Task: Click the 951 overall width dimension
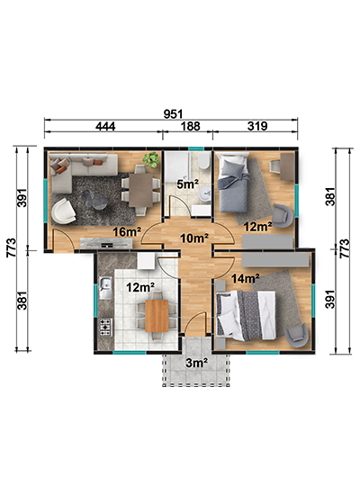[x=173, y=114]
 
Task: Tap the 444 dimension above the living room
[x=105, y=127]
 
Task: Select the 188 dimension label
[x=191, y=126]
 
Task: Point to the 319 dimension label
[x=257, y=126]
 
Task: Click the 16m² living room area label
[x=127, y=232]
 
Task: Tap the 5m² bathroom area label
[x=187, y=184]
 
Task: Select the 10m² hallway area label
[x=194, y=238]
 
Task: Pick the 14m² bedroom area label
[x=246, y=278]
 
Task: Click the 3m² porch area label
[x=196, y=363]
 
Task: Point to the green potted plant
[x=151, y=159]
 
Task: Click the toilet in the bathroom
[x=204, y=161]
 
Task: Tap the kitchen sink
[x=105, y=288]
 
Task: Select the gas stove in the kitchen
[x=106, y=327]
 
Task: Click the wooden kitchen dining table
[x=157, y=316]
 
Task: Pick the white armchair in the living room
[x=64, y=211]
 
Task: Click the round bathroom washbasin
[x=206, y=193]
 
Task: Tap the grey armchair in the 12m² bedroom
[x=283, y=215]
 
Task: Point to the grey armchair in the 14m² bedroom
[x=296, y=335]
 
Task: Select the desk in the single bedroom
[x=287, y=166]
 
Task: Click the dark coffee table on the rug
[x=94, y=200]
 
